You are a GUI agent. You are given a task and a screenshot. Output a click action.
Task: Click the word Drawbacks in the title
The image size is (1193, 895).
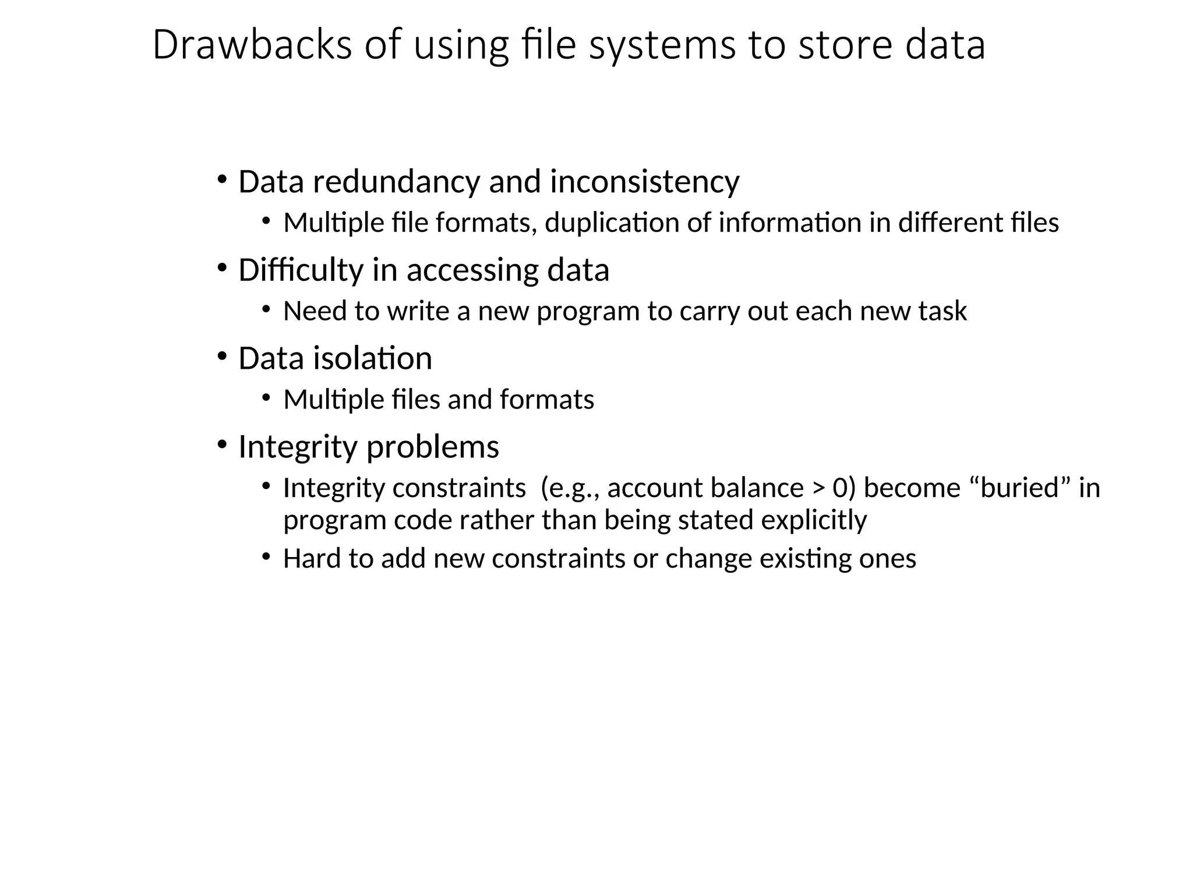point(252,45)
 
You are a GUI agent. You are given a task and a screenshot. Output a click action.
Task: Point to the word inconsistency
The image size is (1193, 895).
point(644,182)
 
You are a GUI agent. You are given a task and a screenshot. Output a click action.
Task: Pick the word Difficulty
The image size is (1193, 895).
point(301,270)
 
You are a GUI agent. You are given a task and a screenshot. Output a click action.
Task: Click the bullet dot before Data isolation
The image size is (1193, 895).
point(222,356)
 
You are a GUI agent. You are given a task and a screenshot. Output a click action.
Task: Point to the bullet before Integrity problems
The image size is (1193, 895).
point(222,445)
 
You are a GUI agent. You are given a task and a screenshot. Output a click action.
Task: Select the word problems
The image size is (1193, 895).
point(433,448)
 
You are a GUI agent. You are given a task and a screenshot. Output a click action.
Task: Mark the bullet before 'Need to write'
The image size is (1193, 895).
point(266,309)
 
